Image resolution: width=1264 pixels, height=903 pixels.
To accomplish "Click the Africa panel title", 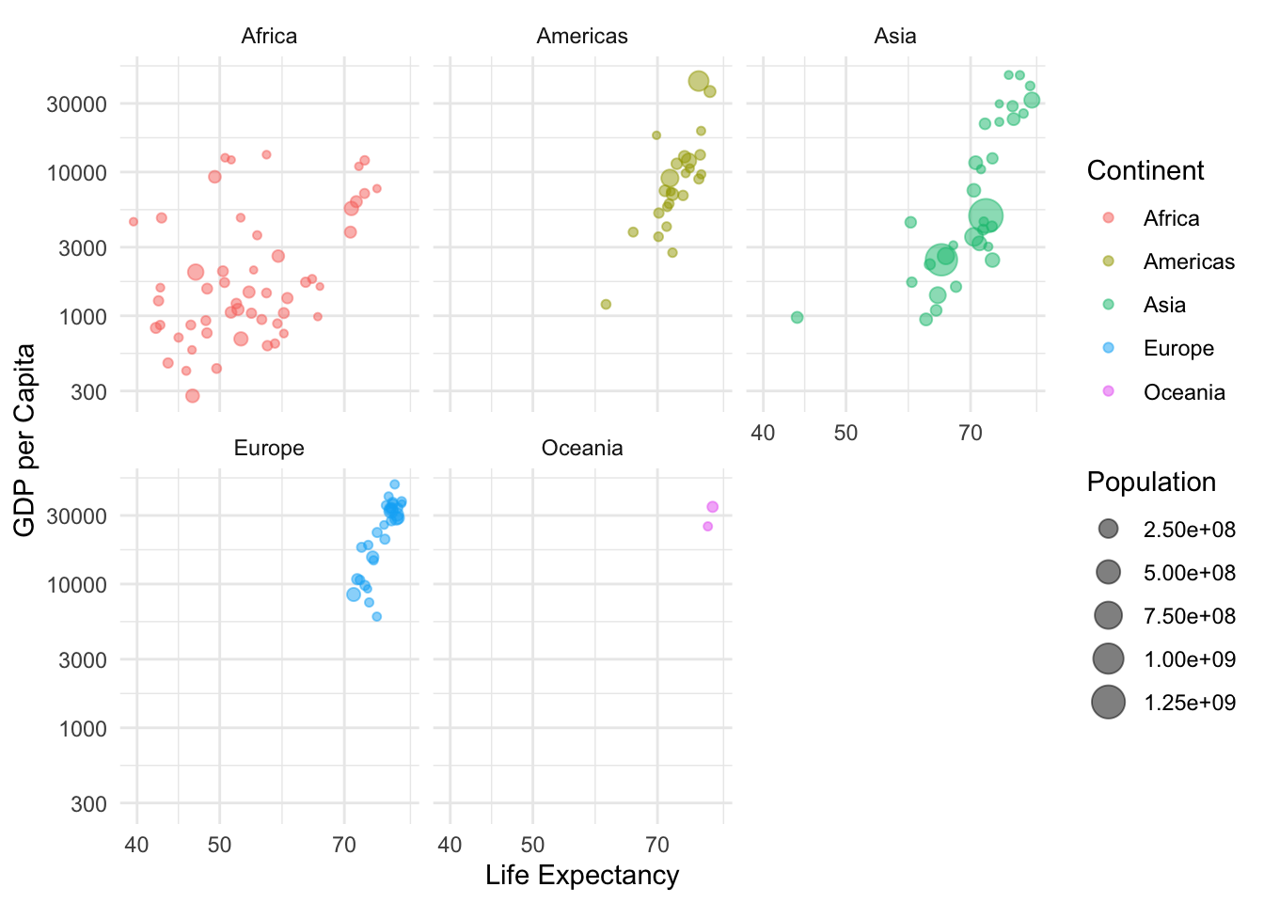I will tap(269, 37).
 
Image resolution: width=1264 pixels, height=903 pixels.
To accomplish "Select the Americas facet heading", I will tap(582, 37).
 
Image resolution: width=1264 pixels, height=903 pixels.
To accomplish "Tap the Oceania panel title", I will tap(582, 449).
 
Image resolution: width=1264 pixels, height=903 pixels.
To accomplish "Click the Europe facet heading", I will tap(269, 449).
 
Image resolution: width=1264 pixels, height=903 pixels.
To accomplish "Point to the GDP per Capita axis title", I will tap(25, 440).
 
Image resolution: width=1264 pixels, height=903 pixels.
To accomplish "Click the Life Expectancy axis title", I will tap(582, 876).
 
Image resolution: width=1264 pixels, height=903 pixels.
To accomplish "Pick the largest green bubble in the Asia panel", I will tap(986, 215).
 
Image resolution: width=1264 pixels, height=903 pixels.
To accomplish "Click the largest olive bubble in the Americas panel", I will tap(699, 81).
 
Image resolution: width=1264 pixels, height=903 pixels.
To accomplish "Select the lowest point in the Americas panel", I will tap(606, 304).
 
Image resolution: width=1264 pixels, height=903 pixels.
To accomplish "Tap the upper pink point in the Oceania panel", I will tap(713, 507).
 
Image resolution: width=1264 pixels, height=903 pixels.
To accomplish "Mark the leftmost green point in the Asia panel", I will tap(798, 317).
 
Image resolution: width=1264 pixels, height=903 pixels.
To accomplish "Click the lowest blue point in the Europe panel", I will tap(377, 617).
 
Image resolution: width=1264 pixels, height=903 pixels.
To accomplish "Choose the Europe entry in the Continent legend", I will tap(1178, 349).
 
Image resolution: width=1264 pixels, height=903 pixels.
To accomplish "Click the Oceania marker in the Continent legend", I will tap(1108, 391).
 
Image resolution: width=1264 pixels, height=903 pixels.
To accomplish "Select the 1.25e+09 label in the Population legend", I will tap(1189, 703).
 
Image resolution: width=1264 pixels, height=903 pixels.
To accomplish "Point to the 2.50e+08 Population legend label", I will tap(1189, 530).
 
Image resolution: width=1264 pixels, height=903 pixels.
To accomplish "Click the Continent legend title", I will tap(1145, 171).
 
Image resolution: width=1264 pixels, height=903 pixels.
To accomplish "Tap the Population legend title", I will tap(1151, 483).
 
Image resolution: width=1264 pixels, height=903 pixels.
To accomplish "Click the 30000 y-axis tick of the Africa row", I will tap(76, 103).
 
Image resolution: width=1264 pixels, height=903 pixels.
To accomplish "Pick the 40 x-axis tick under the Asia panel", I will tap(763, 433).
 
